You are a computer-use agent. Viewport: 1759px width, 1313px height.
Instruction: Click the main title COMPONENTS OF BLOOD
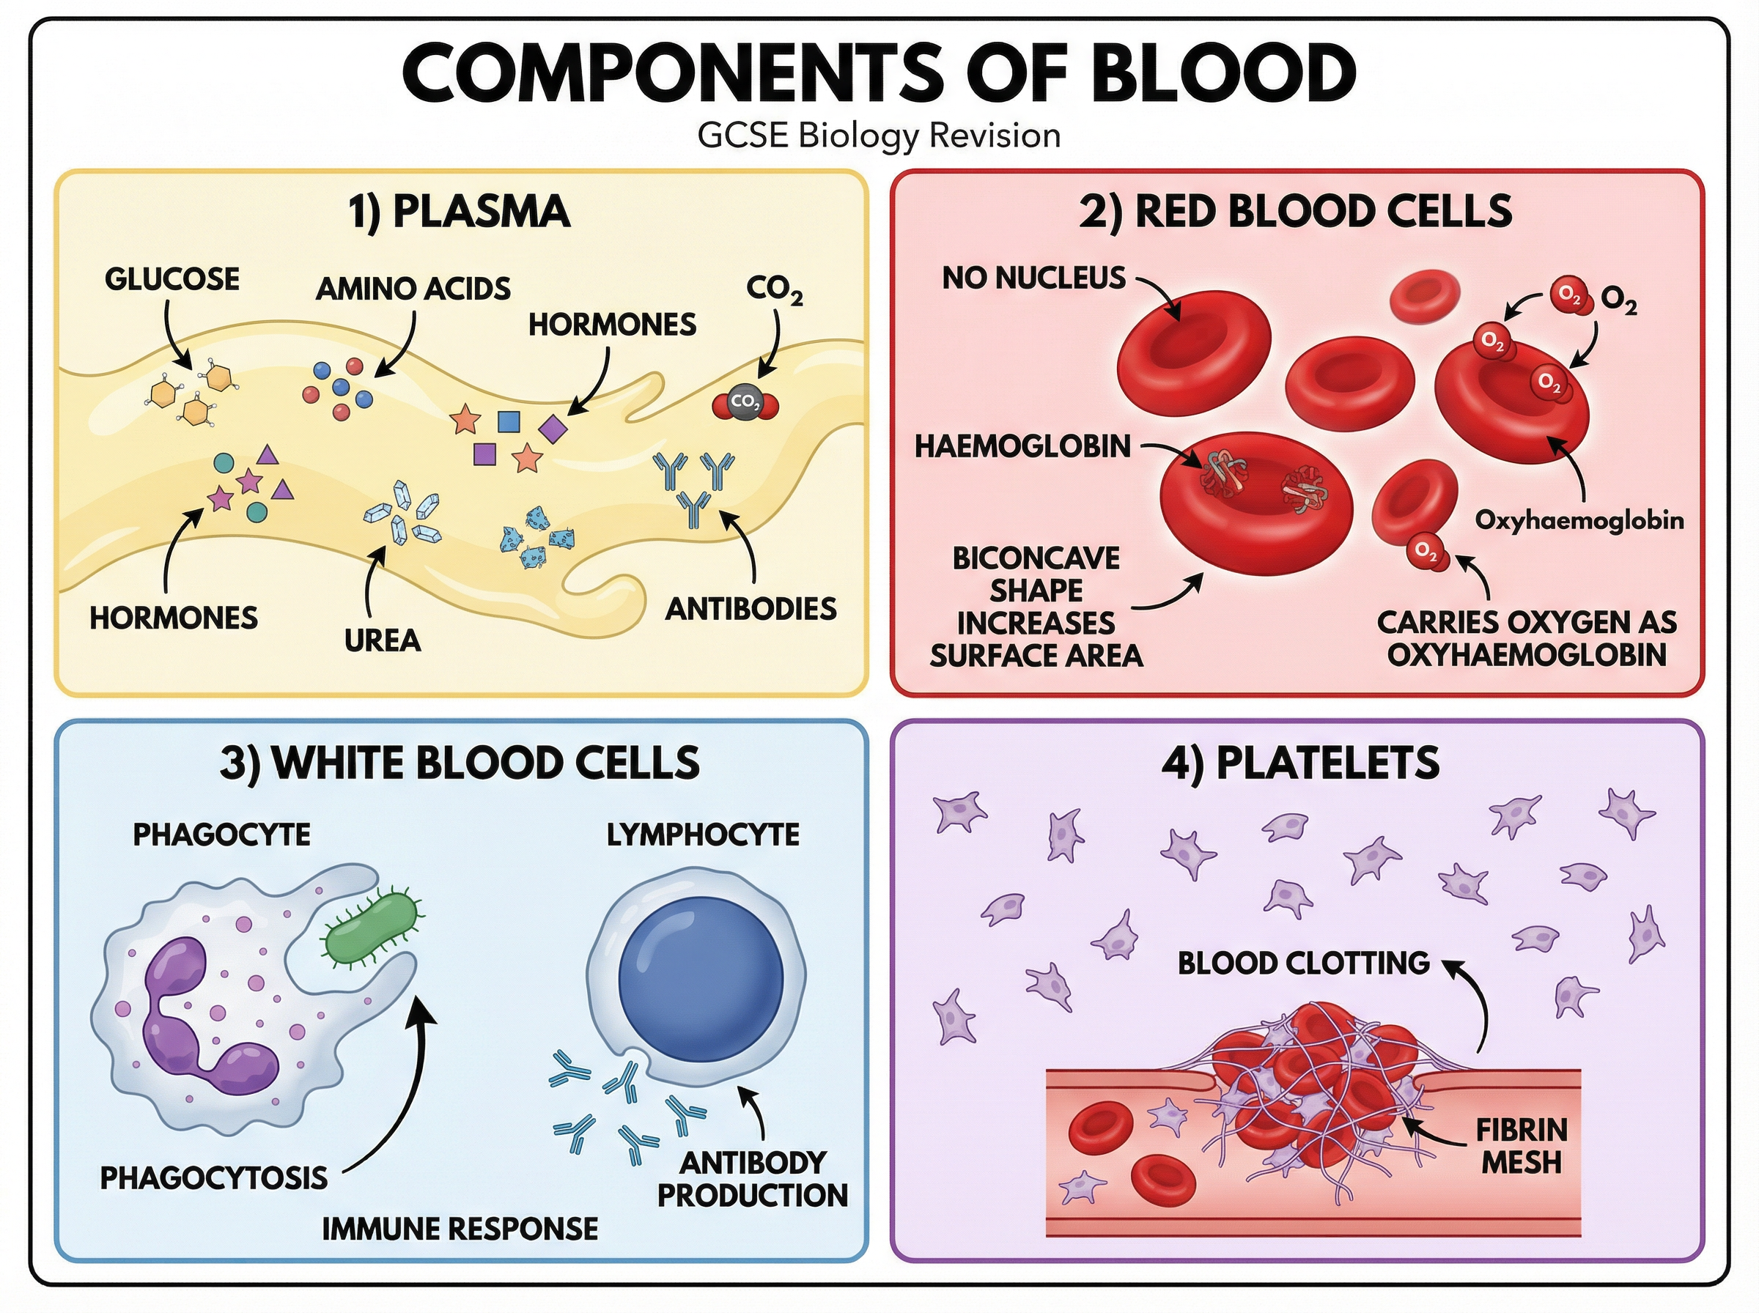tap(878, 73)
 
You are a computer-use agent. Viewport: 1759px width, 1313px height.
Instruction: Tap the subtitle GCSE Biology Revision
tap(878, 136)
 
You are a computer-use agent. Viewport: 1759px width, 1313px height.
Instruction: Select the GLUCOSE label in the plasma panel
tap(172, 280)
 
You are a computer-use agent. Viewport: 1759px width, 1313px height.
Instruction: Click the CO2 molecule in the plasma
tap(745, 404)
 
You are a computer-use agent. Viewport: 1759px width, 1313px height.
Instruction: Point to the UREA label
tap(383, 640)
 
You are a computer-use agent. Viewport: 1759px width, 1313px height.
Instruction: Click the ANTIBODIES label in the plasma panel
tap(751, 609)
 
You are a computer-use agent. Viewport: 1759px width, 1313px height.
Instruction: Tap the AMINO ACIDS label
tap(413, 289)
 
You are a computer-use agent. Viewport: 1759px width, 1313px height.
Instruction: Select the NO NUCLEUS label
tap(1033, 278)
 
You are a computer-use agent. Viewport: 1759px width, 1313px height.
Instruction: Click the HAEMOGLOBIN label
tap(1022, 447)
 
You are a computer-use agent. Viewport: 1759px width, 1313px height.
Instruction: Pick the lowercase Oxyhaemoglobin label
tap(1579, 521)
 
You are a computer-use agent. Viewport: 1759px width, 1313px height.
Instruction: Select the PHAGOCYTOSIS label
tap(213, 1178)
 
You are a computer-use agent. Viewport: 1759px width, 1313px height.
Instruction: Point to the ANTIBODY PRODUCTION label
tap(752, 1180)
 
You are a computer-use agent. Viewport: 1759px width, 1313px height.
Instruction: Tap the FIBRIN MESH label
tap(1522, 1147)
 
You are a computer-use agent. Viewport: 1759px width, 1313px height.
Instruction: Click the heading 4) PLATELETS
tap(1299, 763)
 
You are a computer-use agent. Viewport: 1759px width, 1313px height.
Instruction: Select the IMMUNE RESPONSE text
tap(460, 1229)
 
